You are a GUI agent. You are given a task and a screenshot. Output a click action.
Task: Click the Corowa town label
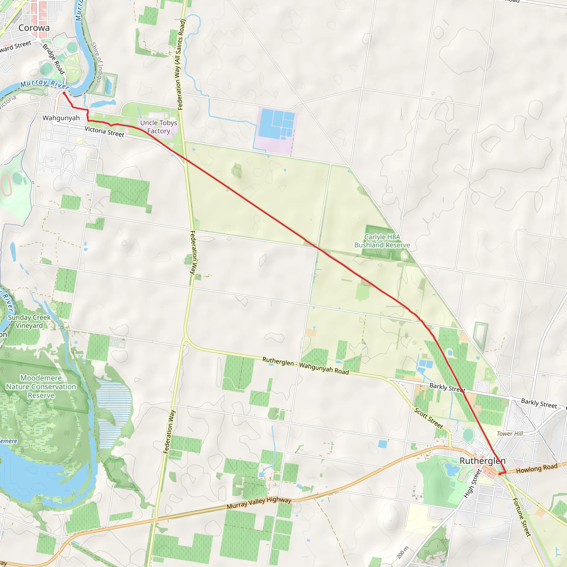pos(34,28)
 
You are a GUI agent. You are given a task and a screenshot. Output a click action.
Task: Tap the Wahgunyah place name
pos(61,118)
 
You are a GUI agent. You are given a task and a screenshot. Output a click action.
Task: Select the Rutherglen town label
pos(483,461)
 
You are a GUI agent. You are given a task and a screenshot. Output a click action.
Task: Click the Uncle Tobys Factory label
pos(158,127)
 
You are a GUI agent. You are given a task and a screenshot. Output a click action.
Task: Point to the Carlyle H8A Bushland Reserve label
pos(382,241)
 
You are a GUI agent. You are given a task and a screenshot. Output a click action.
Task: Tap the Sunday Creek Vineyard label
pos(29,321)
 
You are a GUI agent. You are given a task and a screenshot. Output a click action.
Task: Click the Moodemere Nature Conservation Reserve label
pos(41,386)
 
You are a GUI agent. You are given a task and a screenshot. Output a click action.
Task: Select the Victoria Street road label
pos(104,132)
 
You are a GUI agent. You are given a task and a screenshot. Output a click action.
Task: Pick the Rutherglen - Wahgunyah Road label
pos(306,366)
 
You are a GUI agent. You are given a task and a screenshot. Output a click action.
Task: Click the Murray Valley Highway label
pos(259,503)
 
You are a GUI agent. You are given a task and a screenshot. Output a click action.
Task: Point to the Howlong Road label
pos(537,468)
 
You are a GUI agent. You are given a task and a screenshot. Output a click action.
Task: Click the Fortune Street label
pos(522,517)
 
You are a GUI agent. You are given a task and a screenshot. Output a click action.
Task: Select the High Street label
pos(473,483)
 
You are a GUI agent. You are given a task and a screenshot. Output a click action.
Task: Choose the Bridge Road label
pos(53,59)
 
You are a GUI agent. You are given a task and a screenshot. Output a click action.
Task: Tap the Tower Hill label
pos(510,434)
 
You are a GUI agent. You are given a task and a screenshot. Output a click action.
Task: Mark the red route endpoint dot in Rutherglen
pos(499,474)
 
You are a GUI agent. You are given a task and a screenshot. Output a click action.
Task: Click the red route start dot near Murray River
pos(64,93)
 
